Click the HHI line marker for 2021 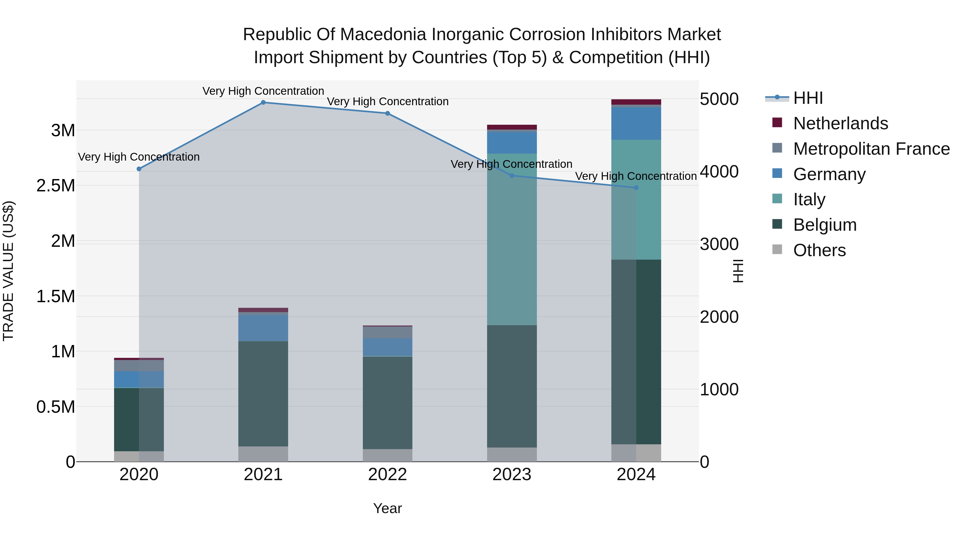pyautogui.click(x=263, y=103)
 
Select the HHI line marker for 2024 pyautogui.click(x=636, y=188)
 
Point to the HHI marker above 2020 pyautogui.click(x=139, y=169)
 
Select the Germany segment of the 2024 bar pyautogui.click(x=636, y=123)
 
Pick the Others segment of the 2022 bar pyautogui.click(x=387, y=455)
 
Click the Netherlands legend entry pyautogui.click(x=840, y=123)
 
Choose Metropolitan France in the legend pyautogui.click(x=871, y=149)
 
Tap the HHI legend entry pyautogui.click(x=808, y=98)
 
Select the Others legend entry pyautogui.click(x=819, y=250)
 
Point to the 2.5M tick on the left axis pyautogui.click(x=56, y=185)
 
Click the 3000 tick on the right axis pyautogui.click(x=719, y=244)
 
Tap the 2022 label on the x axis pyautogui.click(x=387, y=475)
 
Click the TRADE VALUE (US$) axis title pyautogui.click(x=8, y=271)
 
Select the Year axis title pyautogui.click(x=387, y=508)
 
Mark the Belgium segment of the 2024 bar pyautogui.click(x=636, y=352)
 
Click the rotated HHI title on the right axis pyautogui.click(x=738, y=271)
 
